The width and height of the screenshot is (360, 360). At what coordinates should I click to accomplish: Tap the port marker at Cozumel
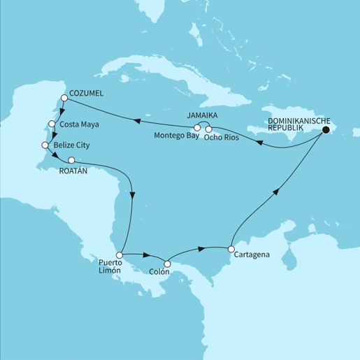pos(64,99)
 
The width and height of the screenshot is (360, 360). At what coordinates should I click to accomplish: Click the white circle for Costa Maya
pos(52,125)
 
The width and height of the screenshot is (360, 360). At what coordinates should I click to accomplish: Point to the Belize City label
pos(73,145)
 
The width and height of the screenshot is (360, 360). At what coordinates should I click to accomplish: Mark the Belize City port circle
pos(45,145)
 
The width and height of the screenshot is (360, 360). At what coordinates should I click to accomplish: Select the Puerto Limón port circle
pos(120,255)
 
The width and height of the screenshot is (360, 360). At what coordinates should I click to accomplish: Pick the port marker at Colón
pos(166,264)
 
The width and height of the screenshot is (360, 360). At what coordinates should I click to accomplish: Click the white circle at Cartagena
pos(231,248)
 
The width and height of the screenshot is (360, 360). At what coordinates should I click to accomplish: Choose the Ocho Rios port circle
pos(209,129)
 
